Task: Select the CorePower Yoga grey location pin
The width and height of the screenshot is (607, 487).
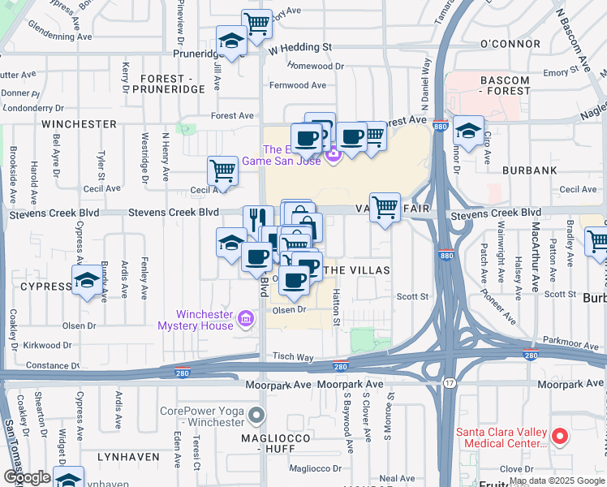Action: pyautogui.click(x=257, y=416)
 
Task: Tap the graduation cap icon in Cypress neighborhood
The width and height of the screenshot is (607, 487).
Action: pyautogui.click(x=86, y=282)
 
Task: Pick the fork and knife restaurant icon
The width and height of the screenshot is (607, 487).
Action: pyautogui.click(x=258, y=219)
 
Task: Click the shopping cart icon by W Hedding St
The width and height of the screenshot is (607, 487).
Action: pyautogui.click(x=257, y=24)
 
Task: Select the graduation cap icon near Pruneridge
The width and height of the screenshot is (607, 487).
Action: pyautogui.click(x=231, y=41)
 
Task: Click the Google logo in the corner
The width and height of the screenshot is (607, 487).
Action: pyautogui.click(x=26, y=477)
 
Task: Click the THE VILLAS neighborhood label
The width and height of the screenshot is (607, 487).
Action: pyautogui.click(x=357, y=269)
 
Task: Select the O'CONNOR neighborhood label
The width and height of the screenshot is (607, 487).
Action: pyautogui.click(x=510, y=43)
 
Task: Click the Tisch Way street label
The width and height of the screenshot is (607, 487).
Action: pyautogui.click(x=293, y=356)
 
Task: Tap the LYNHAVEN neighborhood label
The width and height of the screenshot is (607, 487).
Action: pyautogui.click(x=127, y=457)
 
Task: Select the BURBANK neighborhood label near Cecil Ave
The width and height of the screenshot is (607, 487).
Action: pyautogui.click(x=529, y=170)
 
